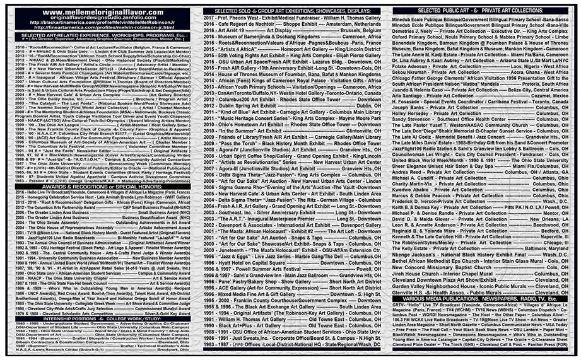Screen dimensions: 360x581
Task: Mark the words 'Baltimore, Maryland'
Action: (x=542, y=248)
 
